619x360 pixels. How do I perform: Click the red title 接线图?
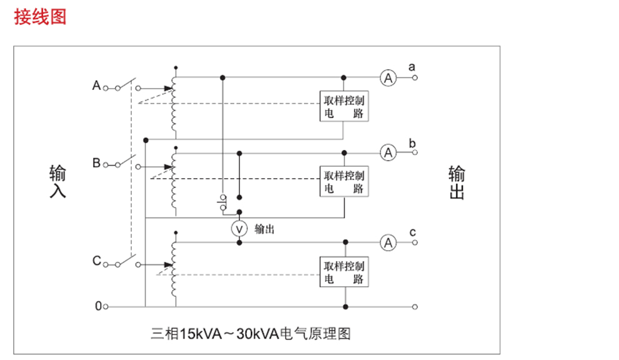(x=40, y=17)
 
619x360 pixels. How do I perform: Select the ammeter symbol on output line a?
(x=388, y=77)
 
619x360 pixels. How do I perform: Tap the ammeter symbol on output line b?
(x=388, y=152)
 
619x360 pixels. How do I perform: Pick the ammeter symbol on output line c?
(x=388, y=242)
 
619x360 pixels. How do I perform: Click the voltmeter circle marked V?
(x=239, y=229)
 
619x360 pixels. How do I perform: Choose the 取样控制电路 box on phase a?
(x=344, y=106)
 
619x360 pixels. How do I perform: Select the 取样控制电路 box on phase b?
(x=344, y=181)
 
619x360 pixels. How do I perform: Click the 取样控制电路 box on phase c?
(x=344, y=272)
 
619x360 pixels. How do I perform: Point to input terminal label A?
(x=96, y=85)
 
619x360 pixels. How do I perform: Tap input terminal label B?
(x=96, y=162)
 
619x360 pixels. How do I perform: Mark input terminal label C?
(x=97, y=261)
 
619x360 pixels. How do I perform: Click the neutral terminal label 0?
(x=98, y=306)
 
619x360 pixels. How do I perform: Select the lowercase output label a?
(x=412, y=67)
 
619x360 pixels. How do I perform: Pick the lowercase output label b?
(x=412, y=143)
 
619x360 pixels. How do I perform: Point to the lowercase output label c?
(x=413, y=232)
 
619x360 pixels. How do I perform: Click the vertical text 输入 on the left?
(x=58, y=181)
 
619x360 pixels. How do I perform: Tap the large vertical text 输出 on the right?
(x=457, y=182)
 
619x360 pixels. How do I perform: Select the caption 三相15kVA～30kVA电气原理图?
(x=251, y=334)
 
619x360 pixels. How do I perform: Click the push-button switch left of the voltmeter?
(x=223, y=202)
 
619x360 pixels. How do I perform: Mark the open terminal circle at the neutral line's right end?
(x=415, y=307)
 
